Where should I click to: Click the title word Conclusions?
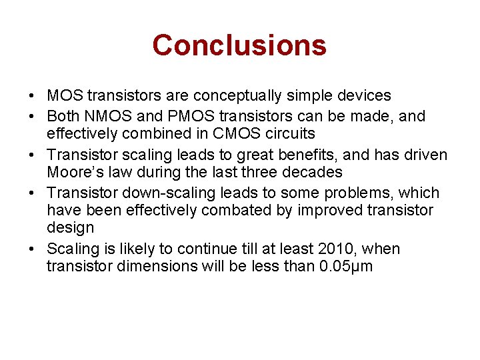(239, 45)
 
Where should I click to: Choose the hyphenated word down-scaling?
(158, 193)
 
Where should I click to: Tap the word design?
(70, 228)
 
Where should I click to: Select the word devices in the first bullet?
(365, 96)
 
